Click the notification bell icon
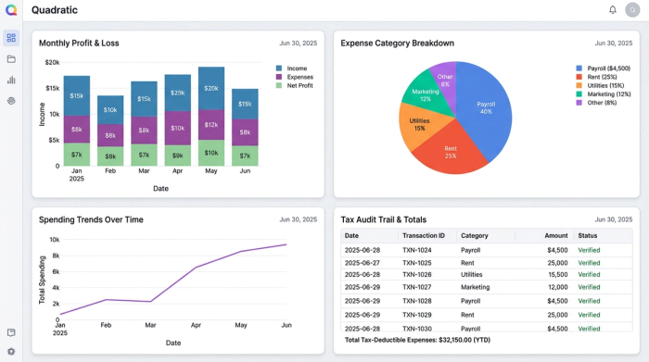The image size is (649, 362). tap(612, 10)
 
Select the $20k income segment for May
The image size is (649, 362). tap(211, 88)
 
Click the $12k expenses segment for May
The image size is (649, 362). tap(211, 125)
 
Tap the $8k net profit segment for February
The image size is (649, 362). tap(110, 156)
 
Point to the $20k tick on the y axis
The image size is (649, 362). tap(52, 63)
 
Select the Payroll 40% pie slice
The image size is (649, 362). tap(485, 108)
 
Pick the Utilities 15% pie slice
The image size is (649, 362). tap(419, 124)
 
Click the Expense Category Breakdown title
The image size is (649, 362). tap(397, 43)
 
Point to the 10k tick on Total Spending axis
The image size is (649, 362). tap(54, 240)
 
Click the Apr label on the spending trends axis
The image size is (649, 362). tap(196, 326)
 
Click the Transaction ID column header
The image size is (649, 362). tap(424, 235)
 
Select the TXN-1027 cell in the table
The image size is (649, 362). tap(417, 288)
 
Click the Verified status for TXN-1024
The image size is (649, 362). tap(589, 250)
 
